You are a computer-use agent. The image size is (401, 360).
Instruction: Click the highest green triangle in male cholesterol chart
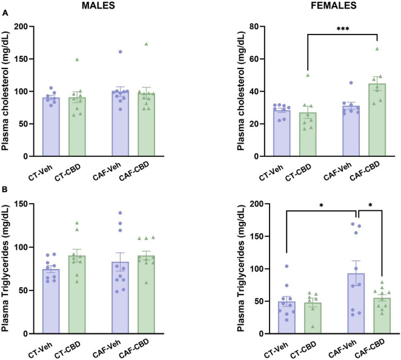[146, 44]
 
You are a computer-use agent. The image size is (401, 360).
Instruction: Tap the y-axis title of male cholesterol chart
[8, 91]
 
